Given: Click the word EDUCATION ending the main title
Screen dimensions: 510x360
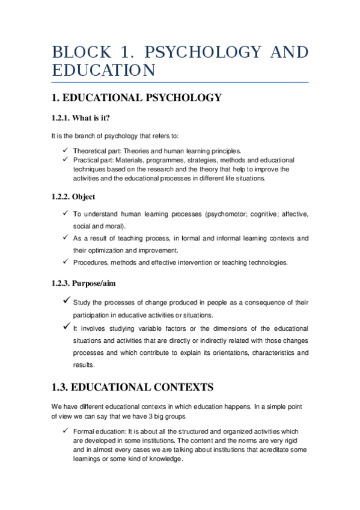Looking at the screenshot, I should (x=103, y=70).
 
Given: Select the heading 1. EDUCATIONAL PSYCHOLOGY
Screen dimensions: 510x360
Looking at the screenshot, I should (x=136, y=97).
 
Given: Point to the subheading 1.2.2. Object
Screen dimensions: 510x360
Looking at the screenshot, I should (x=73, y=197).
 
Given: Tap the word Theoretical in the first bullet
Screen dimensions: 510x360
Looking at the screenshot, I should (x=91, y=150).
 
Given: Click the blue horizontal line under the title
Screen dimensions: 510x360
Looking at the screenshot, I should (x=180, y=82).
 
